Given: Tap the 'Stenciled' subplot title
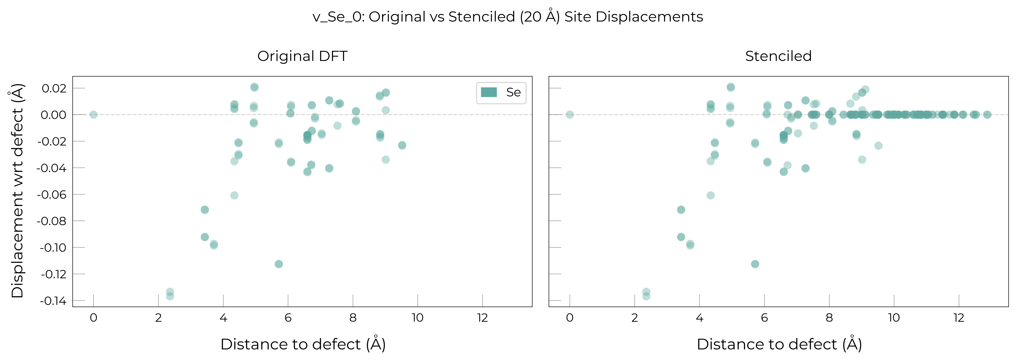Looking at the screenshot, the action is pos(778,56).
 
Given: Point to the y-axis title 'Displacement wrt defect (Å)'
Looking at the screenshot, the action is pos(17,191).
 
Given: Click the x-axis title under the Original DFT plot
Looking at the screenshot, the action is pos(303,344).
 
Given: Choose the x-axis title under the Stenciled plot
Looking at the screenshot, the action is pos(779,344).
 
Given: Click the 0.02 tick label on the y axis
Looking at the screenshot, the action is pos(54,88).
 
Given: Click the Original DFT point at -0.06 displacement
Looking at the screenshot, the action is pos(234,195).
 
